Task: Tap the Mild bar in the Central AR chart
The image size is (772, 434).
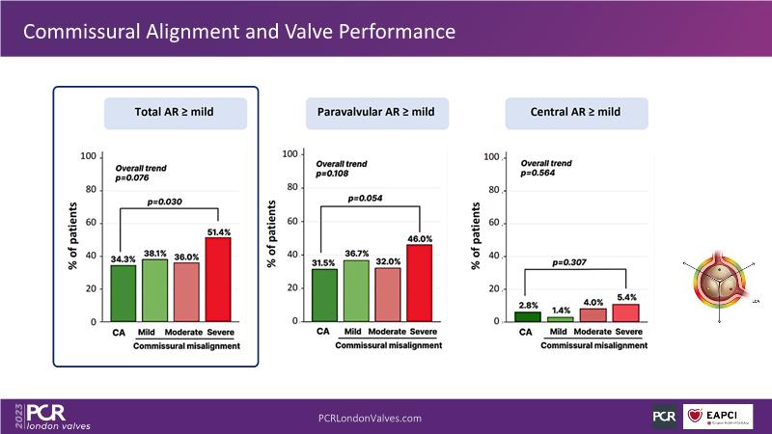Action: [x=554, y=317]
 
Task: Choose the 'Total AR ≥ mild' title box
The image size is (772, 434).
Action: [x=175, y=113]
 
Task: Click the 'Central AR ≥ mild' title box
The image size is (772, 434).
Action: [x=576, y=113]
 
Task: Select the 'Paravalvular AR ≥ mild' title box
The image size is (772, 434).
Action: [x=375, y=113]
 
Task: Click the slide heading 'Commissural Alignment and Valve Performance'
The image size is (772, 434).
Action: [x=238, y=32]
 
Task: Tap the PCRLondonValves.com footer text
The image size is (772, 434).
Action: [x=370, y=418]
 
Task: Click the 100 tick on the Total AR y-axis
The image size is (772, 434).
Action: [x=89, y=156]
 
